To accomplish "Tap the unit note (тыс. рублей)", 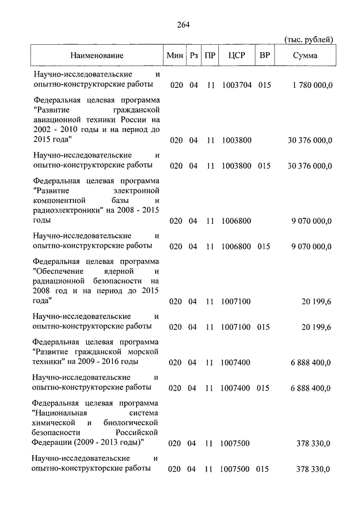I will coord(308,39).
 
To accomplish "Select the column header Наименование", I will coord(97,56).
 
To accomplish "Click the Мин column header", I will coord(175,56).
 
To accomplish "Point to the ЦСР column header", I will coord(235,56).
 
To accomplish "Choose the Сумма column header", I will coord(305,56).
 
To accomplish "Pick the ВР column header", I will coord(264,56).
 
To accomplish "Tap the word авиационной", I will coord(54,120).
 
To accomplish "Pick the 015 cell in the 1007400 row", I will coord(264,388).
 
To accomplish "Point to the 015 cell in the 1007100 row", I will coord(264,327).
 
